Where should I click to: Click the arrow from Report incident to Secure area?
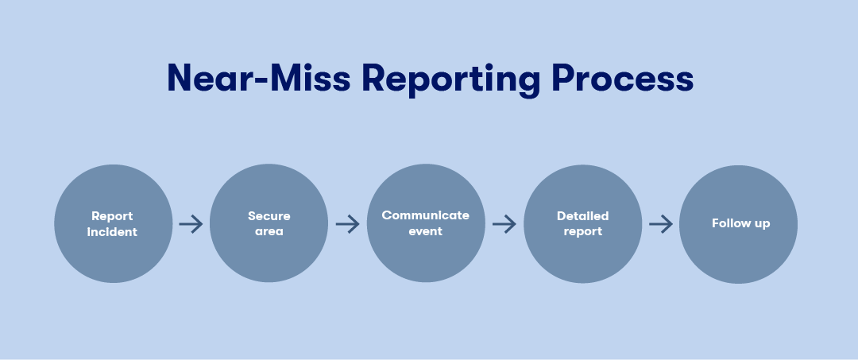pos(191,224)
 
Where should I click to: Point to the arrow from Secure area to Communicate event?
pos(347,224)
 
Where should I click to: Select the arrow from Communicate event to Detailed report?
pos(504,224)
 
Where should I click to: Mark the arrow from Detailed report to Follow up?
pos(660,224)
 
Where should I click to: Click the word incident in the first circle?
pos(112,232)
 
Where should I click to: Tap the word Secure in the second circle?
pos(269,216)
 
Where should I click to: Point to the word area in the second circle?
pos(269,232)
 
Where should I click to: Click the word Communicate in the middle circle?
pos(425,215)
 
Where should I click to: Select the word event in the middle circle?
pos(425,231)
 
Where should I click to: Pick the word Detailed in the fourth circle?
pos(582,216)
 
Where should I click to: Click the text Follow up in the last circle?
pos(740,223)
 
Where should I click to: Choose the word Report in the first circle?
pos(112,216)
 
